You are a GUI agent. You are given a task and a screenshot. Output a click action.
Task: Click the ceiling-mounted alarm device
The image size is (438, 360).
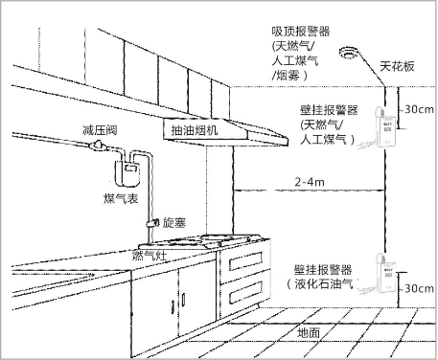pyautogui.click(x=350, y=53)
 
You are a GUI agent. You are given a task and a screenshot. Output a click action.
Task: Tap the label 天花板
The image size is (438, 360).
pyautogui.click(x=397, y=67)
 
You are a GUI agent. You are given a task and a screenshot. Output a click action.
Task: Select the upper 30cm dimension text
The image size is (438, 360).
pyautogui.click(x=419, y=109)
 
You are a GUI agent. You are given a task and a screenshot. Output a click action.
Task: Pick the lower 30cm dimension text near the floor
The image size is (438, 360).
pyautogui.click(x=419, y=288)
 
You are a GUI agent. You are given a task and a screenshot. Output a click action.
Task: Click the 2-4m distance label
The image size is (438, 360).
pyautogui.click(x=310, y=182)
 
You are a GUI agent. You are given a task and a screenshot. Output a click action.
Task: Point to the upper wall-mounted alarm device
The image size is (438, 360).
pyautogui.click(x=386, y=126)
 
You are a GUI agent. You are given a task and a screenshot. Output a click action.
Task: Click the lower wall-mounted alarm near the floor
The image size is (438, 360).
pyautogui.click(x=386, y=273)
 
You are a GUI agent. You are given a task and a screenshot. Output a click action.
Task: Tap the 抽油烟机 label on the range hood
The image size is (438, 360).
pyautogui.click(x=195, y=130)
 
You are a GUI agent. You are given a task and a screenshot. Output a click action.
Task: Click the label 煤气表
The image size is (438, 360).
pyautogui.click(x=121, y=199)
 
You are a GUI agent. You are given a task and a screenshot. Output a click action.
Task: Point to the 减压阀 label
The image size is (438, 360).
pyautogui.click(x=100, y=130)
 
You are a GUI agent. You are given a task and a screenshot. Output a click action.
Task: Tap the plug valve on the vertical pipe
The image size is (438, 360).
pyautogui.click(x=152, y=223)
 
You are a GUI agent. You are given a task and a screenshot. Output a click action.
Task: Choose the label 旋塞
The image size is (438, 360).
pyautogui.click(x=174, y=222)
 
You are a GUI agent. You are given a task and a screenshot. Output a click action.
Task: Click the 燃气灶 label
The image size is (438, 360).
pyautogui.click(x=150, y=256)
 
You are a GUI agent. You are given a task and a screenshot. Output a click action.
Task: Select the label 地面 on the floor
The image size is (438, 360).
pyautogui.click(x=309, y=333)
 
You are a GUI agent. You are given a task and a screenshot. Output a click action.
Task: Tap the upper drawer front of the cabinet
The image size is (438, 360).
pyautogui.click(x=245, y=261)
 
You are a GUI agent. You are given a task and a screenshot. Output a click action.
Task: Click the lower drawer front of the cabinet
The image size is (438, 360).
pyautogui.click(x=245, y=292)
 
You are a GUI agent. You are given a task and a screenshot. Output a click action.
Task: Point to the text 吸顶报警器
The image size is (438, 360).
pyautogui.click(x=301, y=32)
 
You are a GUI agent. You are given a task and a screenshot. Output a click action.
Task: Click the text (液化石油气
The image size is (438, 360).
pyautogui.click(x=322, y=283)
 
